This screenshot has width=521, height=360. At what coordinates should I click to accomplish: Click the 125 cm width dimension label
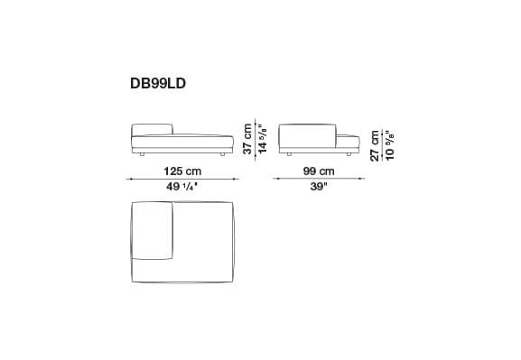click(x=181, y=171)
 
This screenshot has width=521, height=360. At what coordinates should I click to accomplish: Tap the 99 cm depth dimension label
click(x=316, y=171)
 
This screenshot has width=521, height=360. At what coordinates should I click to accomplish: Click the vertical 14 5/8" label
click(x=262, y=137)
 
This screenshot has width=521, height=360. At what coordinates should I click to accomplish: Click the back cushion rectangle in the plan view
click(x=152, y=231)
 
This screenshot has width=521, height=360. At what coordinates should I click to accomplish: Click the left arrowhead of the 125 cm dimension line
click(x=128, y=180)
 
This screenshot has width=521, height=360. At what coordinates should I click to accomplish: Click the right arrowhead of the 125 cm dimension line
click(x=237, y=180)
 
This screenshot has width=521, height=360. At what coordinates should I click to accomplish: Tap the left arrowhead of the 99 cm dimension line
click(x=275, y=180)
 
